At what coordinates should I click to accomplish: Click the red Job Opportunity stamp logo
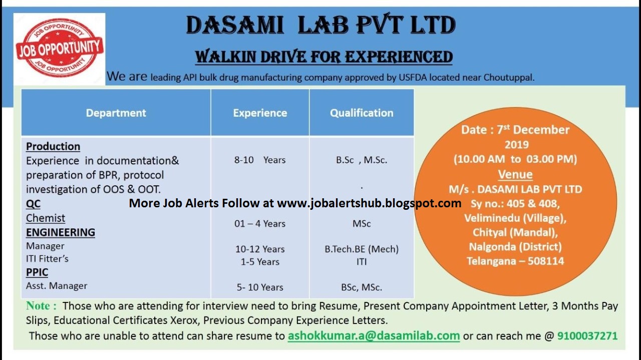click(x=60, y=49)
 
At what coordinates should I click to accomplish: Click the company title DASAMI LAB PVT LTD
click(x=320, y=25)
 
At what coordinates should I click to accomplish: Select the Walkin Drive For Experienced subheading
click(x=324, y=56)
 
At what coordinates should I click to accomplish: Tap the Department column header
click(x=116, y=113)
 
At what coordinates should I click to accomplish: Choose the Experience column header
click(x=260, y=113)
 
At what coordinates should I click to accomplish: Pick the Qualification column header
click(x=362, y=113)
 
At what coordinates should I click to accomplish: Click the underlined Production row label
click(x=53, y=146)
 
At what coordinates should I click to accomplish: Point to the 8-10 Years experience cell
click(x=260, y=160)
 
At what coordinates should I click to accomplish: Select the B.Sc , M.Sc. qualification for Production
click(x=362, y=160)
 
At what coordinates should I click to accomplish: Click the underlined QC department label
click(x=33, y=204)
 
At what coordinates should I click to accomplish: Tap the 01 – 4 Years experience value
click(x=260, y=223)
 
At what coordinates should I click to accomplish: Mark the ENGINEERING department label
click(x=61, y=232)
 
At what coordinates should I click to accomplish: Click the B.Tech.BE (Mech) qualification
click(x=362, y=249)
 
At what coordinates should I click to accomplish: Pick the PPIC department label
click(x=38, y=272)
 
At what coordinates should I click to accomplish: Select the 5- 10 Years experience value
click(x=260, y=287)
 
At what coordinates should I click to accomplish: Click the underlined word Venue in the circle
click(x=515, y=174)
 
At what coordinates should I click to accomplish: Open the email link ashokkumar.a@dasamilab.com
click(x=374, y=335)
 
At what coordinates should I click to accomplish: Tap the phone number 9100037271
click(x=587, y=335)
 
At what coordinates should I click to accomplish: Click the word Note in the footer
click(x=39, y=305)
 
